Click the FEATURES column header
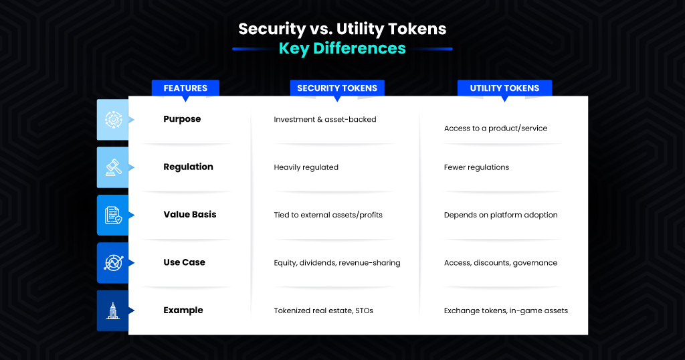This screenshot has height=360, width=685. click(x=185, y=88)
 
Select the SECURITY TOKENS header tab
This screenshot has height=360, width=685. click(x=337, y=88)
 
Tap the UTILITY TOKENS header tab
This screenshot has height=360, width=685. click(x=504, y=88)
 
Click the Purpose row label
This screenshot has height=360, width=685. click(x=182, y=119)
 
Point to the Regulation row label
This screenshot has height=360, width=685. click(x=188, y=167)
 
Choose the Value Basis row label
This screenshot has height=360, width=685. click(x=190, y=215)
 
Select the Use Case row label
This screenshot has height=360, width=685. click(x=184, y=262)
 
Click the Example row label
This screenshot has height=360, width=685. click(x=183, y=310)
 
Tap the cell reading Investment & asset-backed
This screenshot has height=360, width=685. click(x=325, y=120)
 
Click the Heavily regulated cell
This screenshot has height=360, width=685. click(x=306, y=167)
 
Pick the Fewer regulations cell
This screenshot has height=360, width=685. click(x=476, y=167)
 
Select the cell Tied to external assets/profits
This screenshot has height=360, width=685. click(x=328, y=215)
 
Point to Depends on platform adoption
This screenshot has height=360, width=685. click(x=500, y=215)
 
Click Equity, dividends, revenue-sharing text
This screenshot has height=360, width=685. click(x=336, y=263)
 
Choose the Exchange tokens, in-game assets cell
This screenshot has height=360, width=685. click(x=506, y=310)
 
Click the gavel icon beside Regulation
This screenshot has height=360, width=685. click(x=112, y=167)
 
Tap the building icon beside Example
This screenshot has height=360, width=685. click(x=112, y=310)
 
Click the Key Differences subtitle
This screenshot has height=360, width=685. click(x=342, y=48)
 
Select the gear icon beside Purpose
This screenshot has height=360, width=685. click(x=112, y=119)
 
